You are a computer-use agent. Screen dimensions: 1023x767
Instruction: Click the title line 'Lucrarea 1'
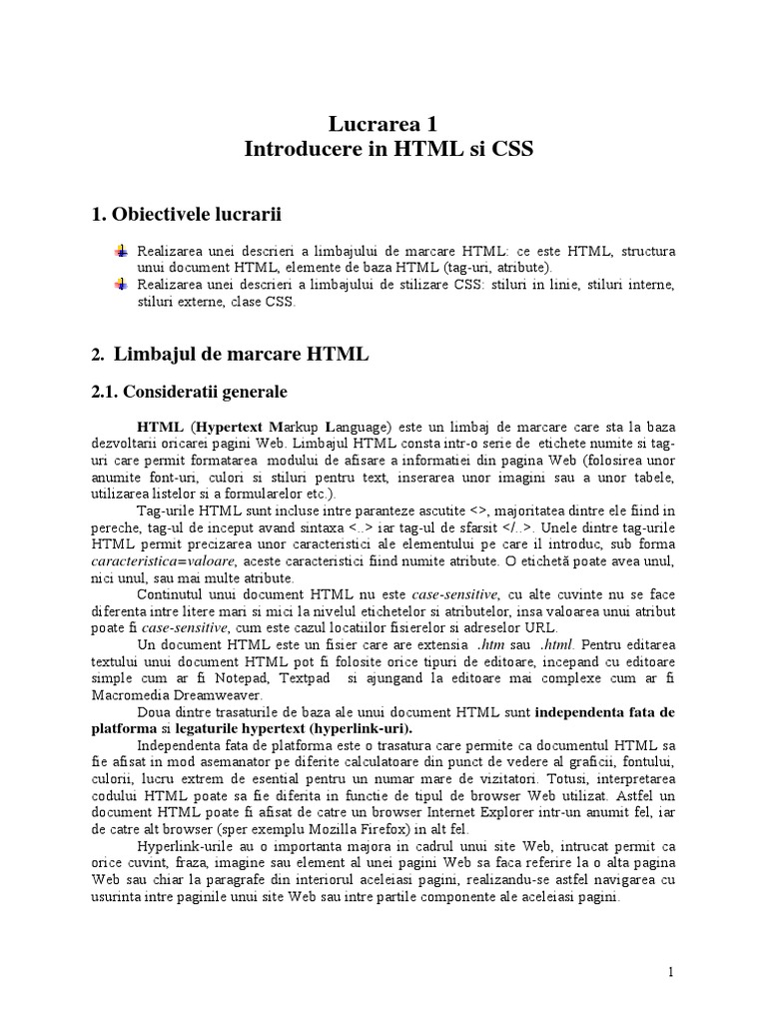383,124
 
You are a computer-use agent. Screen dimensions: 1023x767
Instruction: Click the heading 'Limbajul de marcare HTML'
242,354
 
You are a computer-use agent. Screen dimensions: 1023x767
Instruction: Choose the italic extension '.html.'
557,644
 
